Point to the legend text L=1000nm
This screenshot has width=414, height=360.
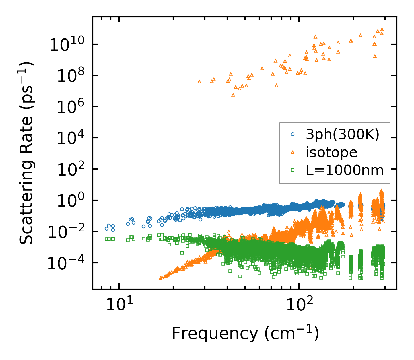coord(345,170)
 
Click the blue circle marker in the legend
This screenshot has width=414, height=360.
coord(293,134)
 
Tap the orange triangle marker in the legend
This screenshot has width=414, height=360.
coord(293,152)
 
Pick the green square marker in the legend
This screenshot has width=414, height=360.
coord(293,170)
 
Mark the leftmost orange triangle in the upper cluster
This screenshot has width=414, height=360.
coord(199,81)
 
